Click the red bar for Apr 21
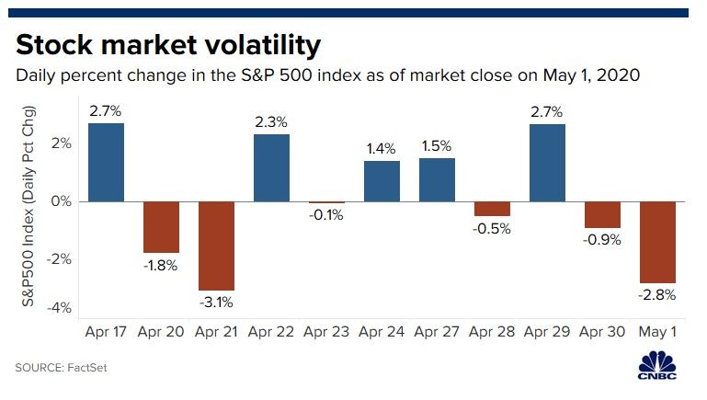(x=217, y=246)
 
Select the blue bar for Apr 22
(x=272, y=167)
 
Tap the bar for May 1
(x=658, y=242)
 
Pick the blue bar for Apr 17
(x=107, y=162)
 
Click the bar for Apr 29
(x=548, y=162)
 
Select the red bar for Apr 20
(x=162, y=227)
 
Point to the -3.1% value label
(x=217, y=301)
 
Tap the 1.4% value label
(x=382, y=146)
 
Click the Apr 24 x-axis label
(x=382, y=329)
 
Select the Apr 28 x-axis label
(x=493, y=329)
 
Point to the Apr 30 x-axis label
(x=603, y=329)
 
